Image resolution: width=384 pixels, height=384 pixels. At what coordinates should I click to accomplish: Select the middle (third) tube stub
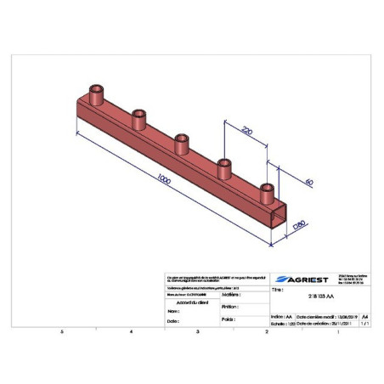click(x=181, y=142)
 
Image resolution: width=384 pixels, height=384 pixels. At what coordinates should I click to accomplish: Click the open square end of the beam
click(x=276, y=223)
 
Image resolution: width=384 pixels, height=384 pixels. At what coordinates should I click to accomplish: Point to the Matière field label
click(x=230, y=295)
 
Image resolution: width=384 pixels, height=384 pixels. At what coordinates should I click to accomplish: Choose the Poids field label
click(x=227, y=319)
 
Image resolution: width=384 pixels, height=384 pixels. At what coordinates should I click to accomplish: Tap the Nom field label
click(x=174, y=311)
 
